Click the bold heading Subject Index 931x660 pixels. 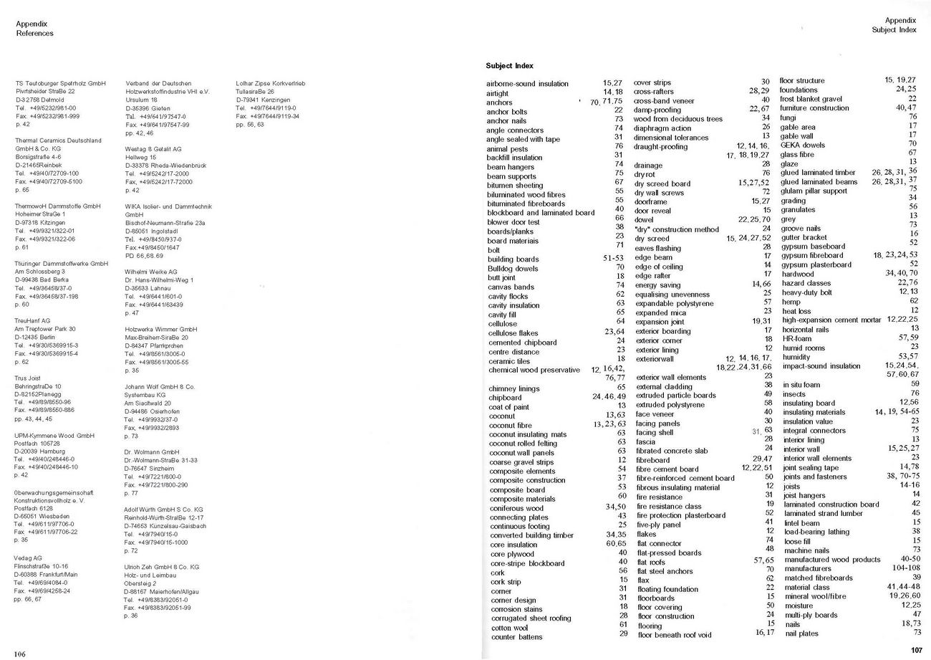509,66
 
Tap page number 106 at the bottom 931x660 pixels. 19,654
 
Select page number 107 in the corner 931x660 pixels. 917,650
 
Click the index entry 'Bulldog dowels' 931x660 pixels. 512,268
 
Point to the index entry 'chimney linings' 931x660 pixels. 513,388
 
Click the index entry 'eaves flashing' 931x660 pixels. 657,248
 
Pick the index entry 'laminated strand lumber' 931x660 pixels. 823,513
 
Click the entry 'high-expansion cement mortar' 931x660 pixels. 831,320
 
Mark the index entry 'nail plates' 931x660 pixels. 801,633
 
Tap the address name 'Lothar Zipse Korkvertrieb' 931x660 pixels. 270,84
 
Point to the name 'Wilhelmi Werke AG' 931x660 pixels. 150,272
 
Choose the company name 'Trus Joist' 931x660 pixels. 28,378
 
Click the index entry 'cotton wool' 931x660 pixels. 509,628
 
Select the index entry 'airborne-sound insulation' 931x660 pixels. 527,84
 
